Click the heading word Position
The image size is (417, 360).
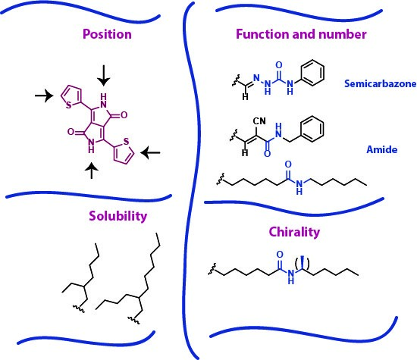[x=107, y=34]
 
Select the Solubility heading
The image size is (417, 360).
[x=118, y=216]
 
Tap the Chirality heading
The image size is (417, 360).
[x=294, y=232]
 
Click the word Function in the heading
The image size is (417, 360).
[x=262, y=34]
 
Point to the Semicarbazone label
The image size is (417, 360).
[x=381, y=84]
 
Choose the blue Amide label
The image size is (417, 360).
[x=382, y=149]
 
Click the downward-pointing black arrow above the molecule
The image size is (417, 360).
[x=103, y=75]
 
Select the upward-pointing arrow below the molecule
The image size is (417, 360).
[x=92, y=171]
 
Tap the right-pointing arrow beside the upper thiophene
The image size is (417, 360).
[x=44, y=95]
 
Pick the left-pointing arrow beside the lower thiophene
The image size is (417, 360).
[x=150, y=152]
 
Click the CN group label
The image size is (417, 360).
[x=259, y=121]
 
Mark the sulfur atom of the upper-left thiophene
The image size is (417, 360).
[x=68, y=105]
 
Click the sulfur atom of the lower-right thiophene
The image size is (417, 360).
[x=127, y=141]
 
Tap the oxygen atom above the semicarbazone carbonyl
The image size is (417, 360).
[x=279, y=65]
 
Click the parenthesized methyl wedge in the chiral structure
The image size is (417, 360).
[x=303, y=263]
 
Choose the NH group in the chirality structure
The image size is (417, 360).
[x=291, y=276]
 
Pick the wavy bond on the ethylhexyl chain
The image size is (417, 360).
[x=79, y=308]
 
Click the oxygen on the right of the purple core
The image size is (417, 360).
[x=124, y=115]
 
